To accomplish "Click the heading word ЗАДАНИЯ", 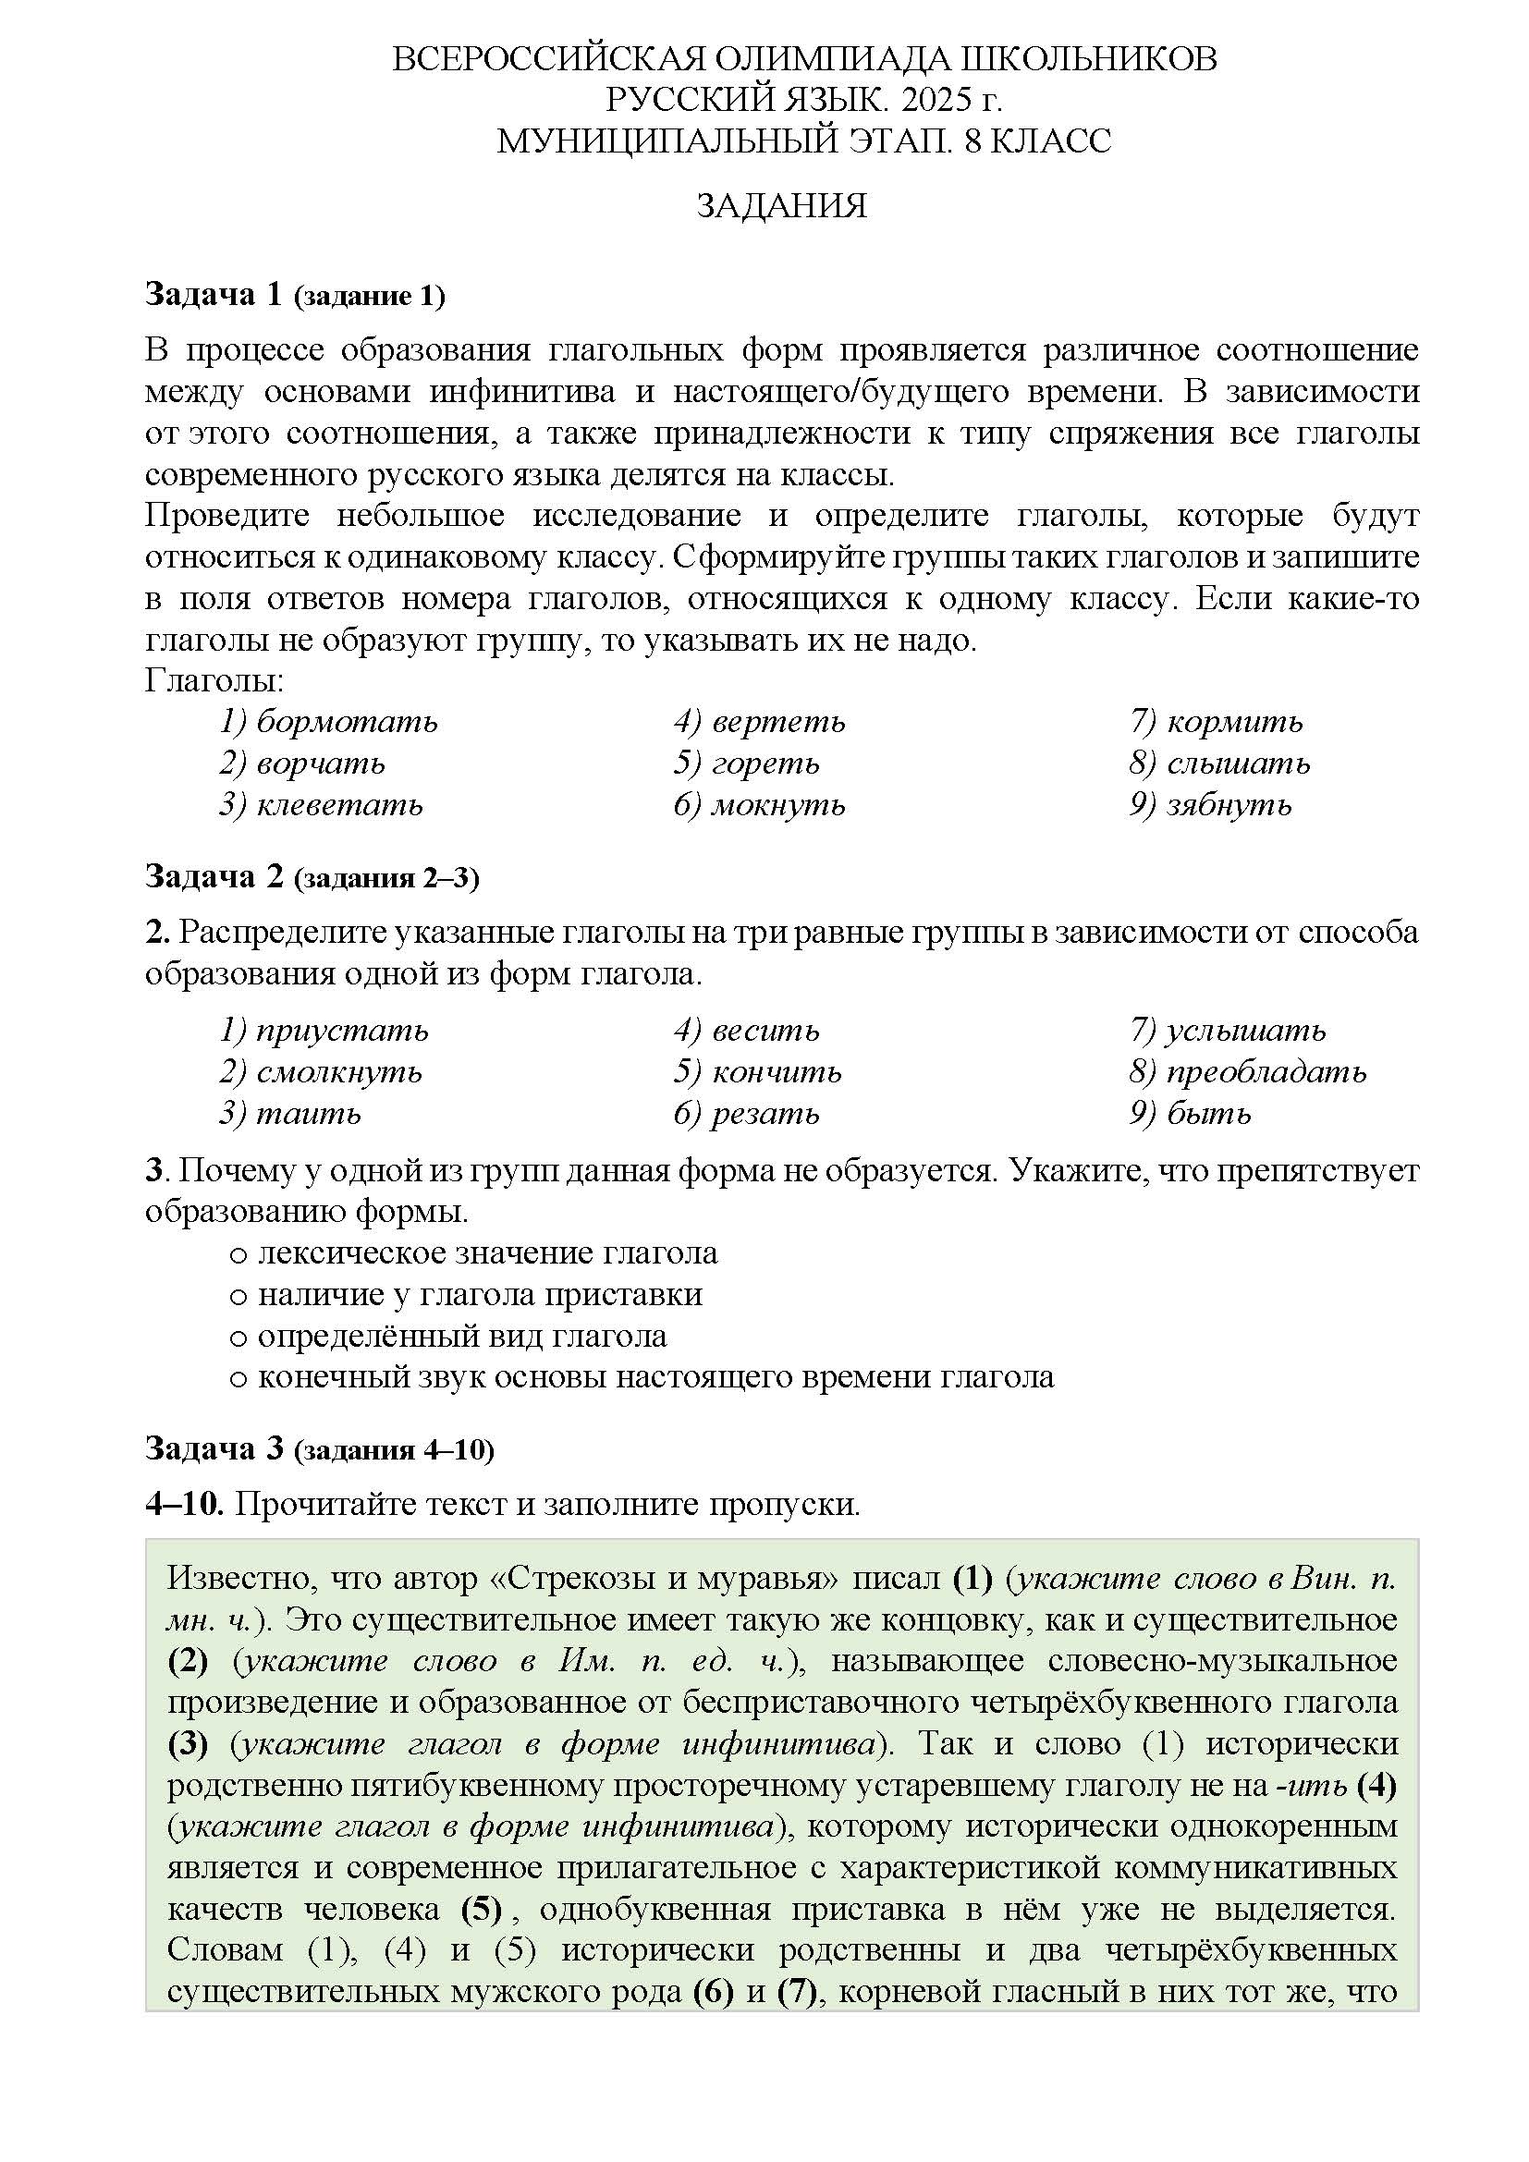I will coord(780,206).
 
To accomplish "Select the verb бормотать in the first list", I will coord(347,722).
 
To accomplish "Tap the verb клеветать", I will coord(339,805).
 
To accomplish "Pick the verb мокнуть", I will coord(777,805).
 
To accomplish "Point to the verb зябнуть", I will coord(1229,805).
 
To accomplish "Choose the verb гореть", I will coord(765,763).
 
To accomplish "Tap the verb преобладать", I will coord(1266,1071).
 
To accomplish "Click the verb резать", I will coord(765,1114).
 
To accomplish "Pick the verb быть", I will coord(1209,1114).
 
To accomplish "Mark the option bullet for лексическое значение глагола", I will coord(239,1255).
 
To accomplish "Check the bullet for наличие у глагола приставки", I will coord(239,1297).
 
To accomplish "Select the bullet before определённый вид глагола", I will coord(239,1338).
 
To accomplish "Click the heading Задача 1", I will coord(214,295).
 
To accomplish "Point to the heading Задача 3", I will coord(214,1449).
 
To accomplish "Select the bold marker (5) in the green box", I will coord(480,1910).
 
